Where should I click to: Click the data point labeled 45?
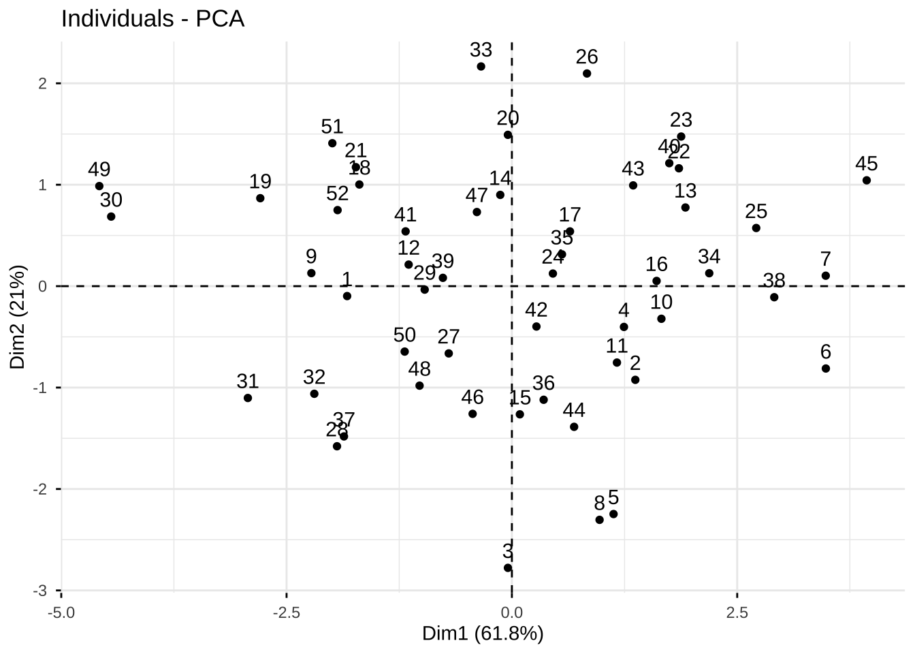click(867, 181)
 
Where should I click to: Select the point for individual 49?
click(99, 186)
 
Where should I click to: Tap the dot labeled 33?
click(481, 66)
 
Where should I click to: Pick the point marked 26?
click(587, 74)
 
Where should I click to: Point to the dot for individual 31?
click(248, 398)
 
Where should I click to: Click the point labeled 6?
click(826, 369)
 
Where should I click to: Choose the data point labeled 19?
click(260, 198)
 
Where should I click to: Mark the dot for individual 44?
click(574, 427)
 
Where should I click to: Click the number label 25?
click(756, 211)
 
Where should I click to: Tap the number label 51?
click(332, 127)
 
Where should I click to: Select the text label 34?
click(709, 257)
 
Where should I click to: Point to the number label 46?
click(472, 397)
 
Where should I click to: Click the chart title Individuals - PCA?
click(152, 19)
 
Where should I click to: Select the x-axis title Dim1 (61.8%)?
click(483, 634)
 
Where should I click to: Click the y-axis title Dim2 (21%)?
click(18, 316)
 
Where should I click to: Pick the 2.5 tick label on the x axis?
click(737, 612)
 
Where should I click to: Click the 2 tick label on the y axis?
click(42, 84)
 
